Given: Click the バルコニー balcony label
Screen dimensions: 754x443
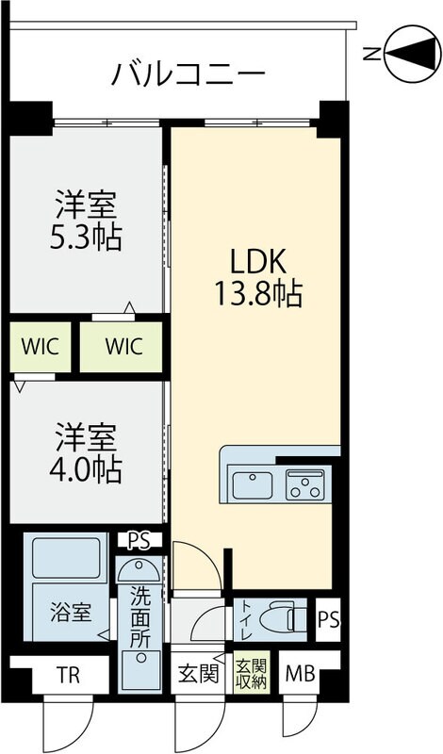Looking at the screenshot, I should click(189, 73).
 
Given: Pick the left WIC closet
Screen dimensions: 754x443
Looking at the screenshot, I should click(39, 346).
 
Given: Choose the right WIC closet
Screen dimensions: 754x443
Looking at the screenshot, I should click(123, 346).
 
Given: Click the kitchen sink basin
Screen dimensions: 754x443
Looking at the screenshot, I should click(253, 485).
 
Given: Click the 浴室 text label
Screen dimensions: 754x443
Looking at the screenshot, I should click(71, 612).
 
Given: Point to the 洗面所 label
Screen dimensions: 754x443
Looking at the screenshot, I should click(139, 616).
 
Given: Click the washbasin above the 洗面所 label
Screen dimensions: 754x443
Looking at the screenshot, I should click(139, 570).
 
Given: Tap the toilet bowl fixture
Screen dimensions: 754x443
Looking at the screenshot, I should click(279, 618).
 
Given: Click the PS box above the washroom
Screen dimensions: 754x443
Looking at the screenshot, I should click(139, 541).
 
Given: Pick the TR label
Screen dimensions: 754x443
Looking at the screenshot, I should click(67, 676).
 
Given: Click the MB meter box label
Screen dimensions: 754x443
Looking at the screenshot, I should click(301, 676).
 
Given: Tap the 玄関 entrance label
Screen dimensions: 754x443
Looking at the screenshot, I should click(199, 675).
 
